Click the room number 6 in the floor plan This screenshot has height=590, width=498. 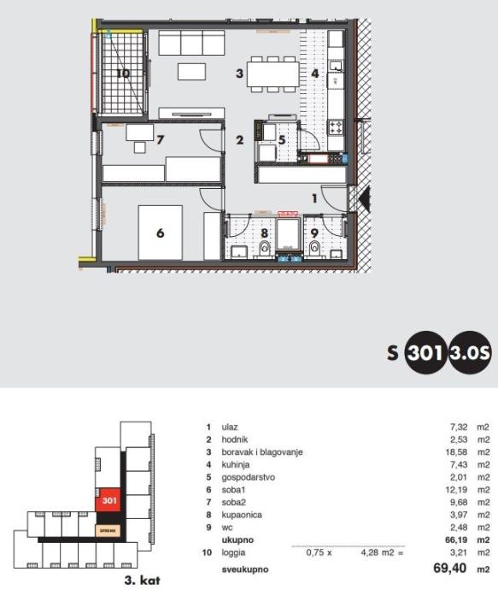[x=161, y=233]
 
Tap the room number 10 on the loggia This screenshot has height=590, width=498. [x=123, y=73]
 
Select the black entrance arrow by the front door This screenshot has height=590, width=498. [x=365, y=198]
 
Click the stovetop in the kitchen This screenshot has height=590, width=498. [x=336, y=127]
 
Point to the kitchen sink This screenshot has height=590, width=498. [x=335, y=66]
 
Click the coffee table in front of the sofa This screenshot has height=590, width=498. [x=191, y=72]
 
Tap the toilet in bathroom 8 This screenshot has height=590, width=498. [x=266, y=248]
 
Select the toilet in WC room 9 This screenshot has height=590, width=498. [x=314, y=248]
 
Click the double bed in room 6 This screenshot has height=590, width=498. [x=161, y=233]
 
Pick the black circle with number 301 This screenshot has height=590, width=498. [x=425, y=352]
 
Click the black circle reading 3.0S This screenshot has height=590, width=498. [x=470, y=352]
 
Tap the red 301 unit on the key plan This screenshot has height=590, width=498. [x=109, y=500]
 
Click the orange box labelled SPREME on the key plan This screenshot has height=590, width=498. [x=108, y=530]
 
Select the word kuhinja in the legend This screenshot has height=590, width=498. [x=236, y=464]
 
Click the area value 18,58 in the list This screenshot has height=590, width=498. [x=456, y=452]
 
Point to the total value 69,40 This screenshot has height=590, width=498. [x=450, y=568]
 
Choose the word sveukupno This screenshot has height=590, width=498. [x=245, y=569]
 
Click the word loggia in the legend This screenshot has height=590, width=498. [x=233, y=552]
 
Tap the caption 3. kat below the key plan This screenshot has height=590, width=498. [x=142, y=581]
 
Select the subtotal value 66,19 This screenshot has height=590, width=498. [x=456, y=540]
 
